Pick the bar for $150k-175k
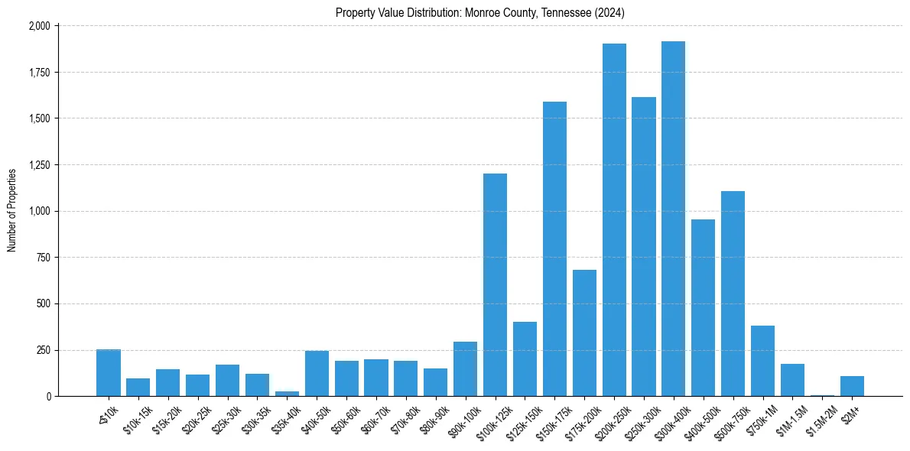(554, 249)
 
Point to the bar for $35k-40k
(287, 393)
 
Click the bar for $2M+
(852, 386)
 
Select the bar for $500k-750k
(733, 294)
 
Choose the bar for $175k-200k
(584, 333)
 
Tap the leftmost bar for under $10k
(109, 373)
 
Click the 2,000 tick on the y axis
(40, 26)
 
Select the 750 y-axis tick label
(44, 258)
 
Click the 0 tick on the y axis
(48, 397)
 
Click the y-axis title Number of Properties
(11, 210)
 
